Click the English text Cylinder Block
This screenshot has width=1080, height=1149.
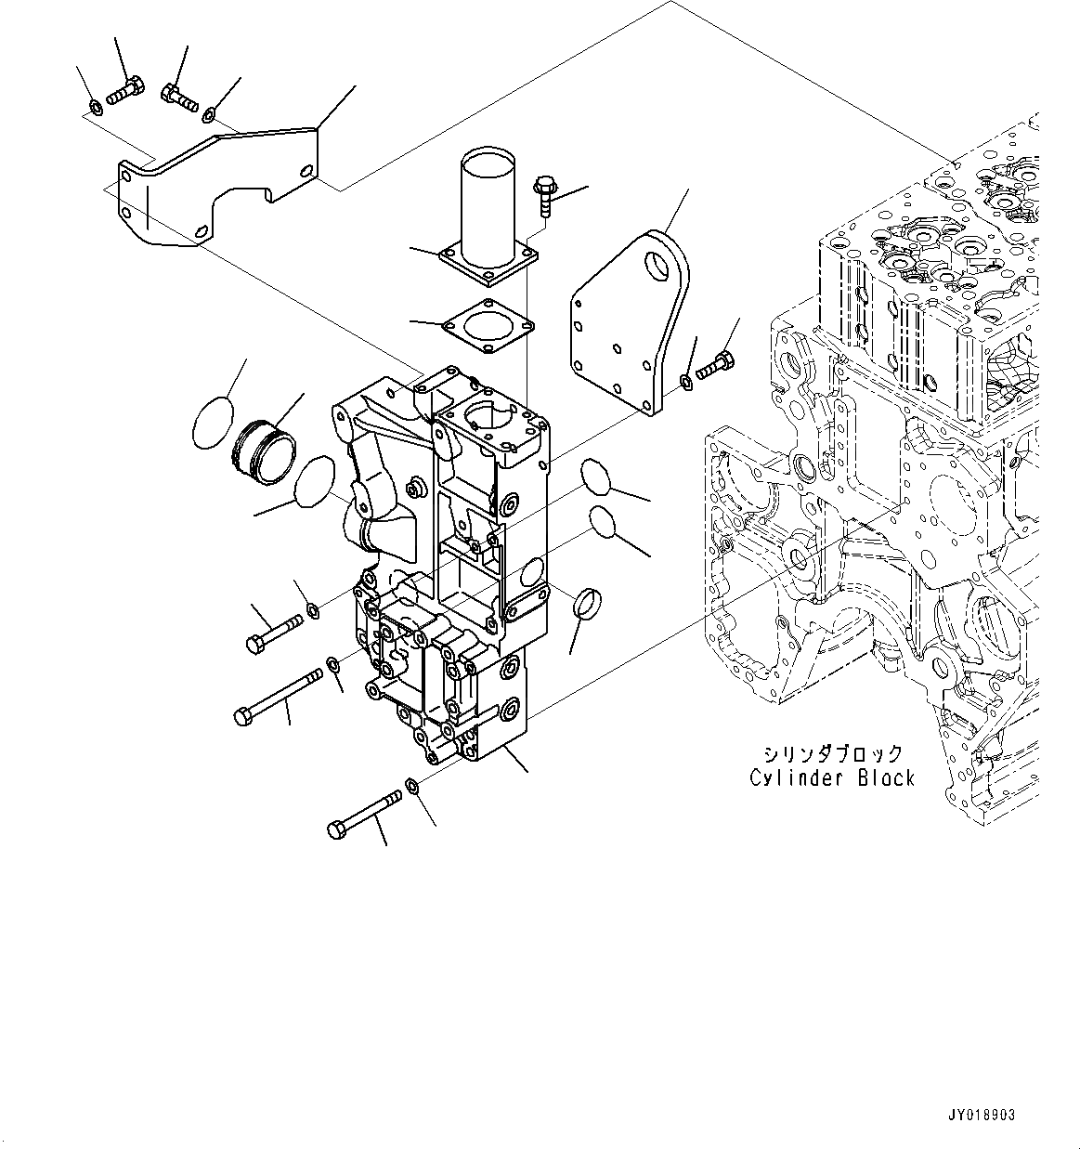point(832,777)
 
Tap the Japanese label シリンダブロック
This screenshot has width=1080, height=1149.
point(832,753)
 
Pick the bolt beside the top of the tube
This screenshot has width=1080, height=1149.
point(543,197)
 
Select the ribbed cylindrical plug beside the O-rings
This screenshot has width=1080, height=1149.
point(261,452)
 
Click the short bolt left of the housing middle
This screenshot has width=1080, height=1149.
point(272,629)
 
